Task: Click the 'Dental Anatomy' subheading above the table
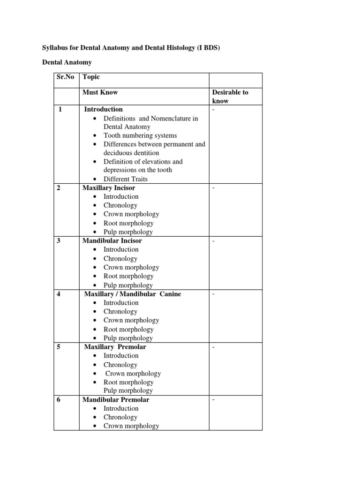67,62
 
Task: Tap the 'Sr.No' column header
65,77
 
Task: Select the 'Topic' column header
91,77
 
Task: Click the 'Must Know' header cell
100,92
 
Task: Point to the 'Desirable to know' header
230,97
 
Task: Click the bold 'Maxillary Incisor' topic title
109,187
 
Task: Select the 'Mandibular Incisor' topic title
112,240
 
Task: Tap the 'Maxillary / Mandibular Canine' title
132,294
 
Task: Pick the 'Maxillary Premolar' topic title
115,347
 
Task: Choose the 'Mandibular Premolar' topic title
116,400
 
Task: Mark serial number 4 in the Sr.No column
60,294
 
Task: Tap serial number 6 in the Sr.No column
60,400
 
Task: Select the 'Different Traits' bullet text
126,179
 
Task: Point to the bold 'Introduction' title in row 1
103,109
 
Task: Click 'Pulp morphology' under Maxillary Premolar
128,390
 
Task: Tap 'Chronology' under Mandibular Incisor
120,258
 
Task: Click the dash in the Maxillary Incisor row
213,188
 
